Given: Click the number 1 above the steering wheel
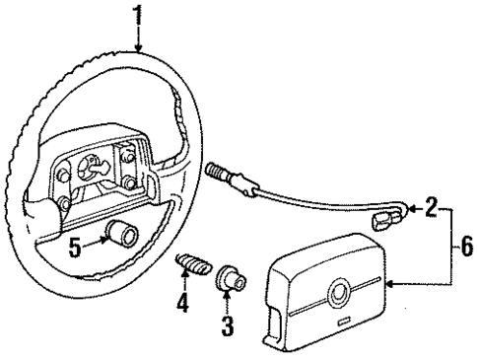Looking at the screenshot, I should click(x=139, y=14).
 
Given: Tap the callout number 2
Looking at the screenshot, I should click(x=430, y=208).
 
